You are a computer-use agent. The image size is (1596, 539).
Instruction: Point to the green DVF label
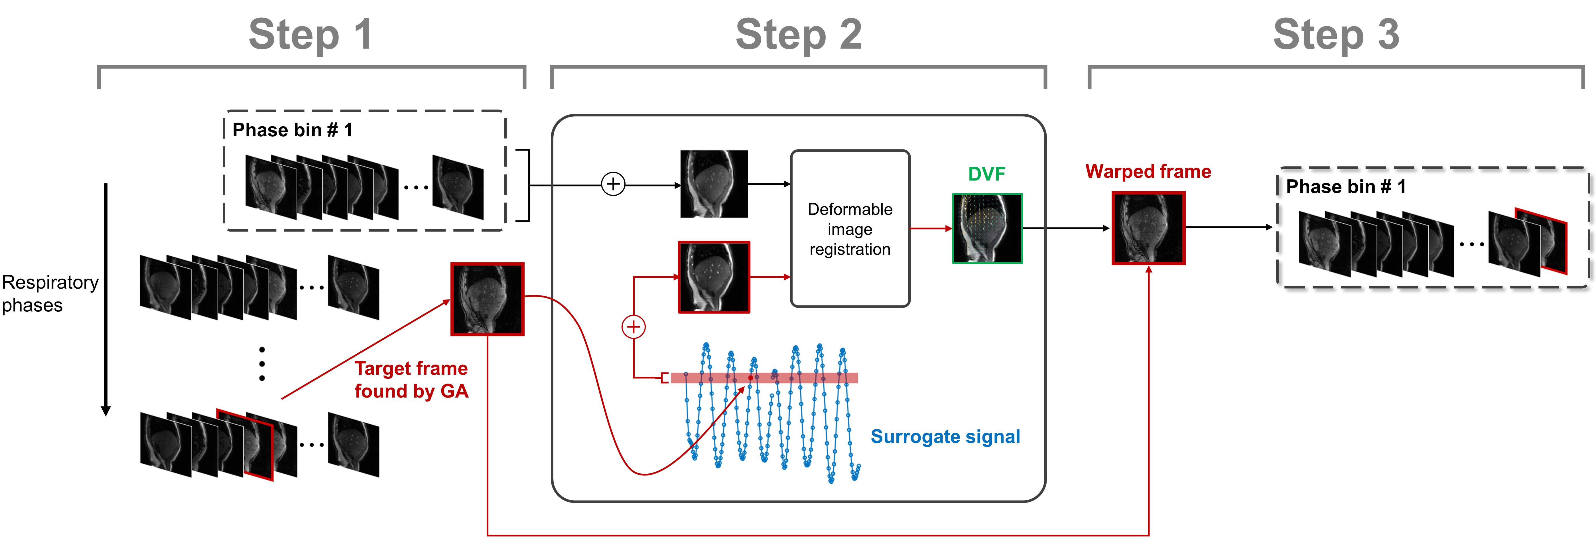[986, 174]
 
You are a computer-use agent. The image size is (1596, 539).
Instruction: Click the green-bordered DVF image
[987, 229]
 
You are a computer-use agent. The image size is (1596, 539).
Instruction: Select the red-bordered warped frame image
[1148, 228]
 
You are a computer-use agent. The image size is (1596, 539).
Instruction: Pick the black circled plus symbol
[613, 184]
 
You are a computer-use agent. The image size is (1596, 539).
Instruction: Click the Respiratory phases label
[50, 294]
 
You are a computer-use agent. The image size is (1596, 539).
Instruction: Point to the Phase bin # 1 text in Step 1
[292, 130]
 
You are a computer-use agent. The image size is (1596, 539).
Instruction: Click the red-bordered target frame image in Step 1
[487, 299]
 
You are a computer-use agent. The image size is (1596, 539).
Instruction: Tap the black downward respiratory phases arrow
[106, 297]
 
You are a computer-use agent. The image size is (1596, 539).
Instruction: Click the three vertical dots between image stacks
[262, 364]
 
